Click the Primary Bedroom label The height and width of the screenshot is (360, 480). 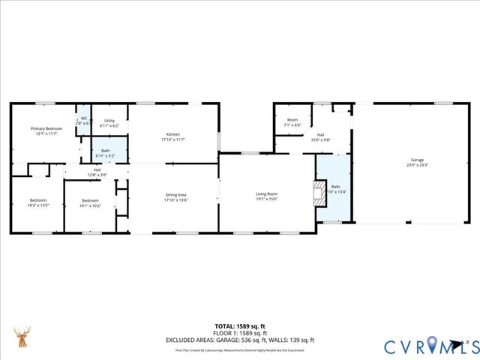point(46,129)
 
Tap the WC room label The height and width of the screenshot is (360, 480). point(84,118)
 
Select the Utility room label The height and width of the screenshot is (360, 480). point(109,121)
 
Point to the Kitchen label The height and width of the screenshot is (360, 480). point(173,135)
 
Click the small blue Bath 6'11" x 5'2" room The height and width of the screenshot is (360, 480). point(109,153)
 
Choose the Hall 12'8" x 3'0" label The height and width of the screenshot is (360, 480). point(97,170)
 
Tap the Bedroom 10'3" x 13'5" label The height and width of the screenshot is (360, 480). point(38,200)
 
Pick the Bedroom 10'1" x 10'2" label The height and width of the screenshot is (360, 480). point(90,200)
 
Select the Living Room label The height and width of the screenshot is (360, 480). point(267,193)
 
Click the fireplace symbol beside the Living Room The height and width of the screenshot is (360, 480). point(319,187)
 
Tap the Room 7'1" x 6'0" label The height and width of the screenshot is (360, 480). point(292,120)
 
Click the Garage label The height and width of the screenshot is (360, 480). point(417,160)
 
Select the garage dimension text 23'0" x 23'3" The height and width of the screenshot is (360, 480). point(417,165)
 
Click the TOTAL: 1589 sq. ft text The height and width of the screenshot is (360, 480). point(240,327)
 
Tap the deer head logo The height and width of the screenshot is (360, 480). point(24,337)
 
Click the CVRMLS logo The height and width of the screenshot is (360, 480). point(427,346)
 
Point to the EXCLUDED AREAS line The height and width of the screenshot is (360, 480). point(240,340)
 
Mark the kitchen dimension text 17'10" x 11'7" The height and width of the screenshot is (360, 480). point(173,139)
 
